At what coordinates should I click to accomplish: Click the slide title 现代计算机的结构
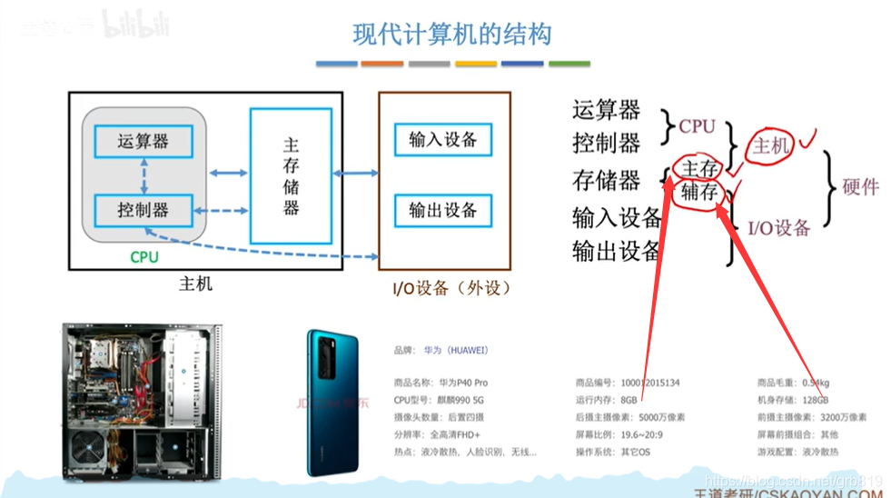(451, 35)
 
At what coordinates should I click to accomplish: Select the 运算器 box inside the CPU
(144, 141)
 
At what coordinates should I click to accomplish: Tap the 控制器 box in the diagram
(144, 210)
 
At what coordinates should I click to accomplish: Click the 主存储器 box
(291, 176)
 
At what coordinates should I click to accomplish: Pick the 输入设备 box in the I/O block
(442, 140)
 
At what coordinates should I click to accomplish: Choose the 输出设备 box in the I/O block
(442, 210)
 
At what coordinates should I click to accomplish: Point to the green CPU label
(144, 257)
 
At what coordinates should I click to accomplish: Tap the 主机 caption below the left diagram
(195, 284)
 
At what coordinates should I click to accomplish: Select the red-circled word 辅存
(699, 192)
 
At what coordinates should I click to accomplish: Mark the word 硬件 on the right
(861, 186)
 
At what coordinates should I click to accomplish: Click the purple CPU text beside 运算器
(698, 127)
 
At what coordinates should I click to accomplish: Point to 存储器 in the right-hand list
(607, 180)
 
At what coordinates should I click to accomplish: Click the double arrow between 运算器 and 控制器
(144, 175)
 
